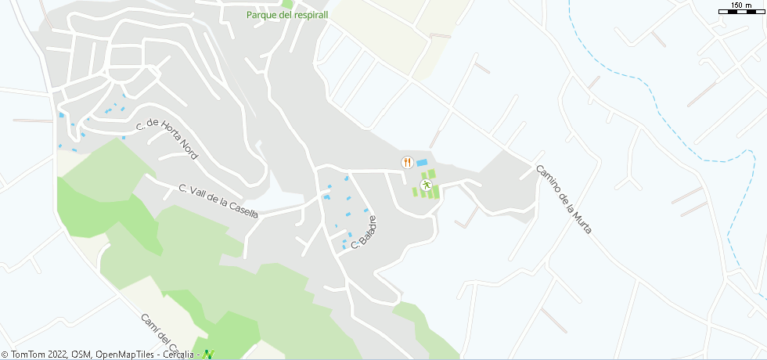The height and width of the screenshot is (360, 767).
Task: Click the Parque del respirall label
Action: [x=287, y=14]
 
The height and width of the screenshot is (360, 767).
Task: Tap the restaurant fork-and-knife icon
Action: [x=406, y=162]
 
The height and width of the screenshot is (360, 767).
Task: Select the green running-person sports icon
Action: [x=426, y=185]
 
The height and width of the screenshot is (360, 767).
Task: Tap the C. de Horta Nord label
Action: [x=167, y=136]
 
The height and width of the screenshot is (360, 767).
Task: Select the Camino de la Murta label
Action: [x=564, y=200]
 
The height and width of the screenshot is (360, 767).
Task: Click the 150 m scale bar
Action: [x=742, y=12]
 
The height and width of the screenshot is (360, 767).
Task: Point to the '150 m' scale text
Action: [x=742, y=5]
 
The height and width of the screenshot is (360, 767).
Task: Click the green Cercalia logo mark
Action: [x=207, y=355]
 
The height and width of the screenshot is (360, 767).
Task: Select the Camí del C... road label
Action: [x=161, y=333]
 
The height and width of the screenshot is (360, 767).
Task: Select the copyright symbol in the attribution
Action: [x=5, y=355]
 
